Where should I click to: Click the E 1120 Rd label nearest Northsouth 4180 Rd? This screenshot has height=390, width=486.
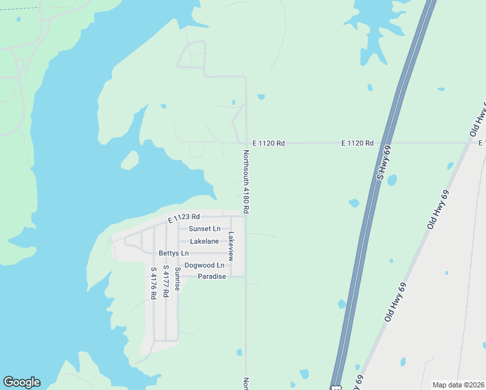click(268, 142)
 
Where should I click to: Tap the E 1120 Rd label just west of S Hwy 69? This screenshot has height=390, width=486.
click(358, 142)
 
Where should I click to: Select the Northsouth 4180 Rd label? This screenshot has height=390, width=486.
click(246, 183)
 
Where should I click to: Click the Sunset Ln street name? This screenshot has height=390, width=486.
click(204, 229)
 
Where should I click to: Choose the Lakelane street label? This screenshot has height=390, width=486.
click(204, 241)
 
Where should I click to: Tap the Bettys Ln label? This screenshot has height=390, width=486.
click(173, 253)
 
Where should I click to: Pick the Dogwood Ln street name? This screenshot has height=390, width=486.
click(204, 265)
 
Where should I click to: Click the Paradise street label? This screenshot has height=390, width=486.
click(212, 276)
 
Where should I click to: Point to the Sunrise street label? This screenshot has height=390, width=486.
click(177, 278)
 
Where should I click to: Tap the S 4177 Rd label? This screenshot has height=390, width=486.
click(166, 281)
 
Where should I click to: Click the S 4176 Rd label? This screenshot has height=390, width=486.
click(153, 283)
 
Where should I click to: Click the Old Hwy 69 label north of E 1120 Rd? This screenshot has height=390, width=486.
click(478, 120)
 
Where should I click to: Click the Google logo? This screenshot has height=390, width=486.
click(21, 382)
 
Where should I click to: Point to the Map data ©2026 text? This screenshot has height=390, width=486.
click(459, 385)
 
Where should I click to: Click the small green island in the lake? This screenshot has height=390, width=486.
click(129, 159)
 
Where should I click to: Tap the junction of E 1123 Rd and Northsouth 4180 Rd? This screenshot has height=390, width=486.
click(246, 216)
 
